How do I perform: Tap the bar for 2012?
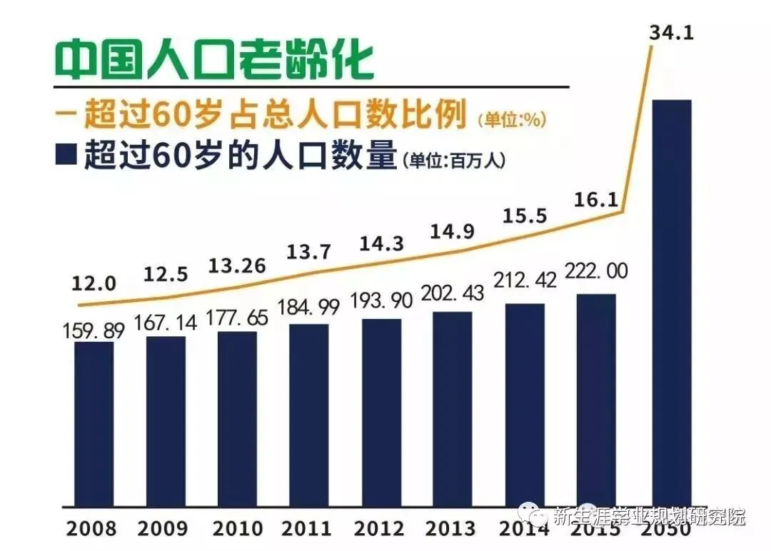click(381, 411)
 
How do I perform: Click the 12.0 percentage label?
click(94, 283)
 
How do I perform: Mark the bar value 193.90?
click(381, 301)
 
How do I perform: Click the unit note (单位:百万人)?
click(454, 161)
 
